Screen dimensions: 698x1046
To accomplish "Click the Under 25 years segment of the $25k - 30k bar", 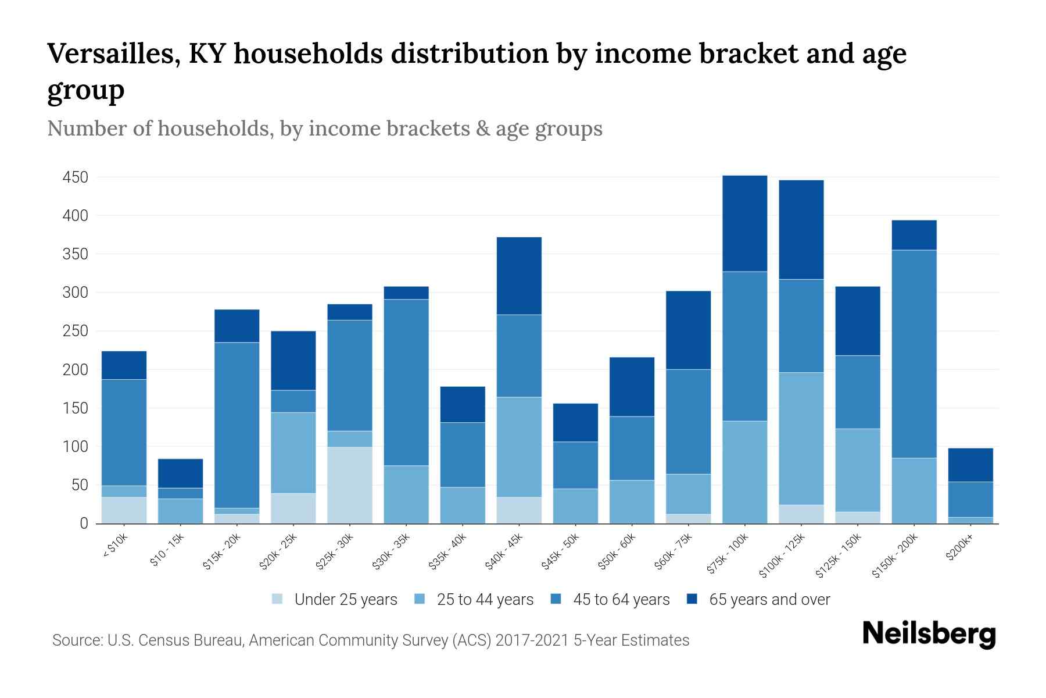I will point(350,485).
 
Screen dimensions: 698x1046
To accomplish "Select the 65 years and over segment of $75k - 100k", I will point(744,223).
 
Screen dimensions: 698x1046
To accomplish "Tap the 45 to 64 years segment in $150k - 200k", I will point(914,354).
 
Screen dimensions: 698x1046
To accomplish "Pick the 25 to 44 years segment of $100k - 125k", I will point(801,439).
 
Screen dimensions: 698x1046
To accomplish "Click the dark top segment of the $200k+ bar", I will point(970,465).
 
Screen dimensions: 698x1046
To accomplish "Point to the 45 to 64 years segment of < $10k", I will point(124,432).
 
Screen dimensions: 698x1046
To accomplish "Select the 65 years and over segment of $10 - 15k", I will point(180,473).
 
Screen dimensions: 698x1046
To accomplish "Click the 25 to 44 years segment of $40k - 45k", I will point(519,447).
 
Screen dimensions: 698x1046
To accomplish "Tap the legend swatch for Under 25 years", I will point(278,599).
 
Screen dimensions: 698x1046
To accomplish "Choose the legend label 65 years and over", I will point(769,599).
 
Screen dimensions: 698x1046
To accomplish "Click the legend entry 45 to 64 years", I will point(621,599).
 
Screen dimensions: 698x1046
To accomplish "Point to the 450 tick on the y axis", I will point(76,177).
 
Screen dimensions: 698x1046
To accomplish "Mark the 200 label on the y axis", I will point(76,369).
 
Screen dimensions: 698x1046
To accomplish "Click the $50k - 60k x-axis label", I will point(618,551).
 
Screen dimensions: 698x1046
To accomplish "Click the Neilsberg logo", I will point(929,634).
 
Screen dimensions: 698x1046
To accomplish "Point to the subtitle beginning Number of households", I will point(324,129).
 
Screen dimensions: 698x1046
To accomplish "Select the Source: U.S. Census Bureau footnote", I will point(370,640).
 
